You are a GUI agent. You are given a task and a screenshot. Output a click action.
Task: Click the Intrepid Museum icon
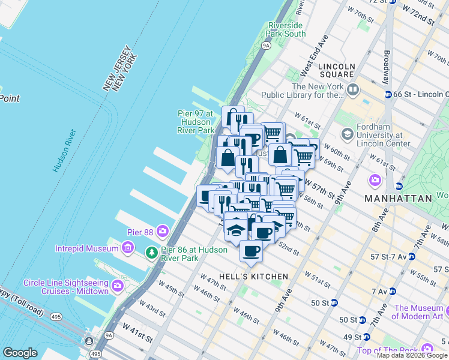pyautogui.click(x=127, y=248)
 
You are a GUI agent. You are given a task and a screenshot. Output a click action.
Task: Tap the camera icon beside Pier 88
pyautogui.click(x=162, y=231)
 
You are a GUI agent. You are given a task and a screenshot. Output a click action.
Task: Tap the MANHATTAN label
pyautogui.click(x=400, y=198)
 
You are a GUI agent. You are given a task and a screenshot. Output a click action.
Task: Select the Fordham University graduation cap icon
pyautogui.click(x=346, y=133)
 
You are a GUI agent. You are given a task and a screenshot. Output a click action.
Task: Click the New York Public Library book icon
pyautogui.click(x=352, y=91)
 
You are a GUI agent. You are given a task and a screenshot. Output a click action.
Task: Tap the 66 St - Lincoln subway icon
pyautogui.click(x=388, y=95)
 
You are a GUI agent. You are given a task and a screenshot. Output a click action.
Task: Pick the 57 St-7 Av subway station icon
pyautogui.click(x=411, y=256)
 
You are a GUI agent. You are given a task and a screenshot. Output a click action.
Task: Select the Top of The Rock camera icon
pyautogui.click(x=427, y=349)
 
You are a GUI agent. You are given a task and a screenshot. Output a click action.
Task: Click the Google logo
pyautogui.click(x=20, y=353)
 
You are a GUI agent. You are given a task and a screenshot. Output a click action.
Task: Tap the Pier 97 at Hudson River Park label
pyautogui.click(x=196, y=122)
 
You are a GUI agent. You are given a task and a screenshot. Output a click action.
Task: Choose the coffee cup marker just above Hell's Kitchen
pyautogui.click(x=252, y=251)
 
